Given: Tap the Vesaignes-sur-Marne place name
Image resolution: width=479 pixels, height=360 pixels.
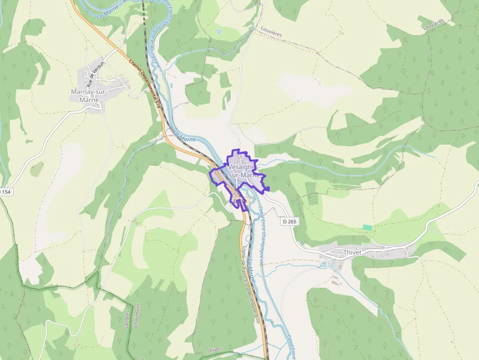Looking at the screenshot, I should tap(243, 171).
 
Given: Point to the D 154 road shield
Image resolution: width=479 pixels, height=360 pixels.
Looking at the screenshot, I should tap(5, 192).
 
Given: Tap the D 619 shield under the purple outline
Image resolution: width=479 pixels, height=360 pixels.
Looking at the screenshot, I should tap(239, 201).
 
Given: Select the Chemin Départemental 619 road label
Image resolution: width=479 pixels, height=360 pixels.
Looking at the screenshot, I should tap(145, 83).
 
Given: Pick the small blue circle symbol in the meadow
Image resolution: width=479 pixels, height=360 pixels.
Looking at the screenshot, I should tap(218, 32).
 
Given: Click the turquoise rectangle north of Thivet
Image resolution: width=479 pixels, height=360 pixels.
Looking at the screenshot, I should tap(367, 228).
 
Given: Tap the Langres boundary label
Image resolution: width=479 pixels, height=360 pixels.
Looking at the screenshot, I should tap(127, 319).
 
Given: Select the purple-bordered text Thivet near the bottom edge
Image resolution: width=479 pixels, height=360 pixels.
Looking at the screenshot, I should tap(214, 349).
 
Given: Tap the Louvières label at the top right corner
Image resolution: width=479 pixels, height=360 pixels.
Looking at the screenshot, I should tap(433, 23).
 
